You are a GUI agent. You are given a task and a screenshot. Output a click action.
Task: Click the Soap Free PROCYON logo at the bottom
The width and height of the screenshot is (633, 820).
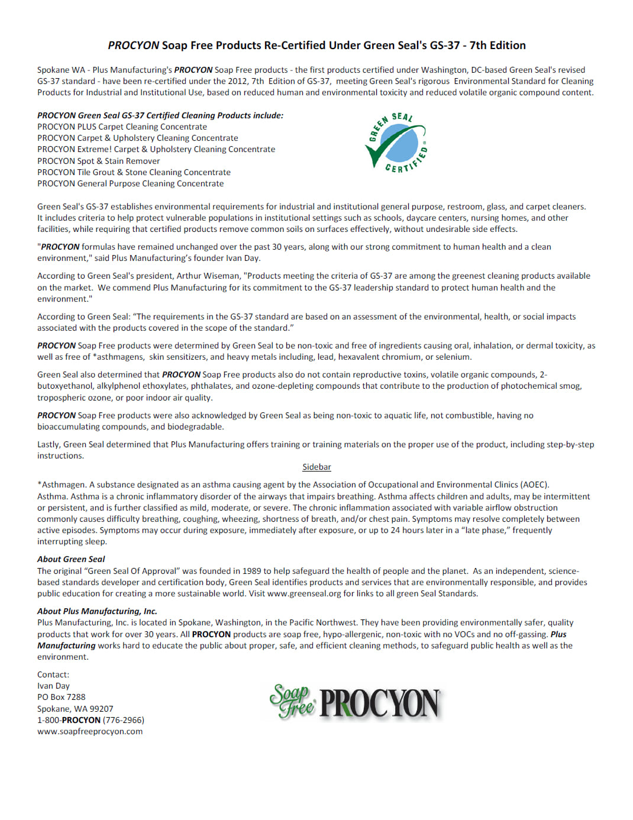click(355, 702)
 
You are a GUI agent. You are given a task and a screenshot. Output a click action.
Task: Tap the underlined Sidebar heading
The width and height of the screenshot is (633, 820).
click(316, 467)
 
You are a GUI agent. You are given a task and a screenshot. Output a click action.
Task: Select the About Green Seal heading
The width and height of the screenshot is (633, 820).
click(71, 559)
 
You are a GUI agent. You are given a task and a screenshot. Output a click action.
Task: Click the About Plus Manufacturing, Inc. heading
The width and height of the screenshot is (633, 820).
click(97, 611)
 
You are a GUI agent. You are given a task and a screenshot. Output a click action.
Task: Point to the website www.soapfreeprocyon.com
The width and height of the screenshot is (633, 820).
click(90, 731)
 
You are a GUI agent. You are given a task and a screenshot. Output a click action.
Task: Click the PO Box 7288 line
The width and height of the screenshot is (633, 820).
click(61, 697)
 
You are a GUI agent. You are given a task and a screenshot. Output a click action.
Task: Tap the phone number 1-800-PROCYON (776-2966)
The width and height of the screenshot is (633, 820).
click(91, 720)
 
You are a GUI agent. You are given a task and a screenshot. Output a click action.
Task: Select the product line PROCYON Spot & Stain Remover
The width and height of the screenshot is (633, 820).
click(98, 161)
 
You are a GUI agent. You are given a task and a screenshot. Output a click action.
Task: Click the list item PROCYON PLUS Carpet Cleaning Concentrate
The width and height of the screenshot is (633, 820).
click(122, 127)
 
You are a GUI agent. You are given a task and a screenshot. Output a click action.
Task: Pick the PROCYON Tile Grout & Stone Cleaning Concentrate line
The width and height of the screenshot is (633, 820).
click(134, 172)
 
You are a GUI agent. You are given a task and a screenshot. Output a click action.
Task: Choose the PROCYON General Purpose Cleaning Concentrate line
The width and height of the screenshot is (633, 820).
click(130, 183)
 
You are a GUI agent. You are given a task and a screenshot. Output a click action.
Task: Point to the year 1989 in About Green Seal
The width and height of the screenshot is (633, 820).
click(251, 571)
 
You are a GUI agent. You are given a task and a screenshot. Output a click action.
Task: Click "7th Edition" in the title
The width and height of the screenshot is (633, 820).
click(498, 46)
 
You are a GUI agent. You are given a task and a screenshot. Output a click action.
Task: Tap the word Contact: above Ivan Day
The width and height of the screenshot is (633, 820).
click(53, 674)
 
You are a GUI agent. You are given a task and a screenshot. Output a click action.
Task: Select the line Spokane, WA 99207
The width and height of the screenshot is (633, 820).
click(75, 709)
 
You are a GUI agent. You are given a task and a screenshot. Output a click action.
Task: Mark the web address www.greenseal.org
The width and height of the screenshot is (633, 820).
click(304, 593)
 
